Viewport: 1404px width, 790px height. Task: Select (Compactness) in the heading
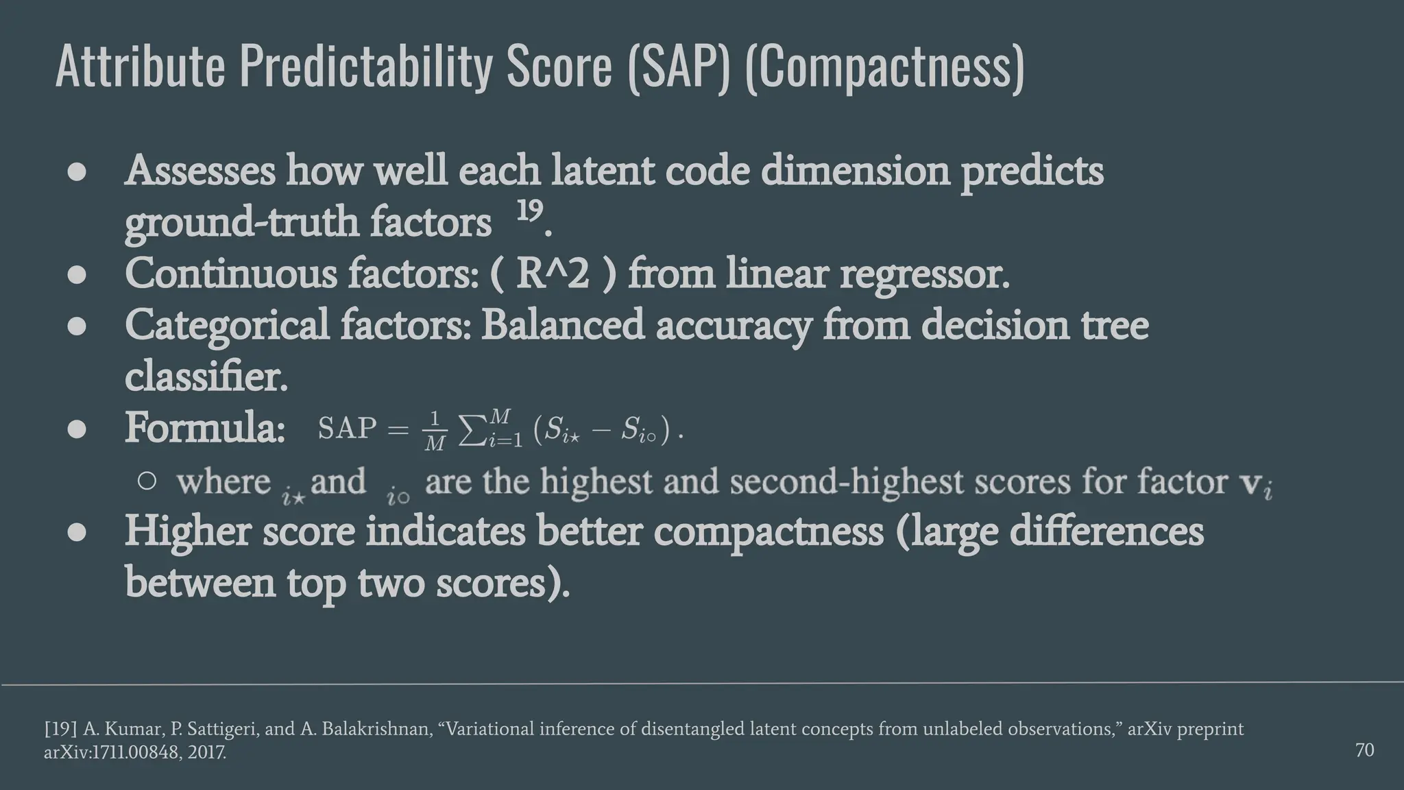[884, 67]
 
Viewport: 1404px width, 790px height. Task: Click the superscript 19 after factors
[529, 211]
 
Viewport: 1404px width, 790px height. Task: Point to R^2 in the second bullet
[552, 274]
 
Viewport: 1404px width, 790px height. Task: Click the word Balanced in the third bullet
[562, 325]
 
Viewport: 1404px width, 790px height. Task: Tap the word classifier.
[206, 376]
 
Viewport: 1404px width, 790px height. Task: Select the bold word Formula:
[205, 428]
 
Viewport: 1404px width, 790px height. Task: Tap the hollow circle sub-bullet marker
[147, 481]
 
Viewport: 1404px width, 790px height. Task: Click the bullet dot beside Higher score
[77, 532]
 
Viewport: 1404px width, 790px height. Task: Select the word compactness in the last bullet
[768, 532]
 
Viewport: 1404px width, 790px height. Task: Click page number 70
[1364, 750]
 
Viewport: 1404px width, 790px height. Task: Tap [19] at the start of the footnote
[60, 729]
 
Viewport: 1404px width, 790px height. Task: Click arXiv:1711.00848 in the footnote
[110, 752]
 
